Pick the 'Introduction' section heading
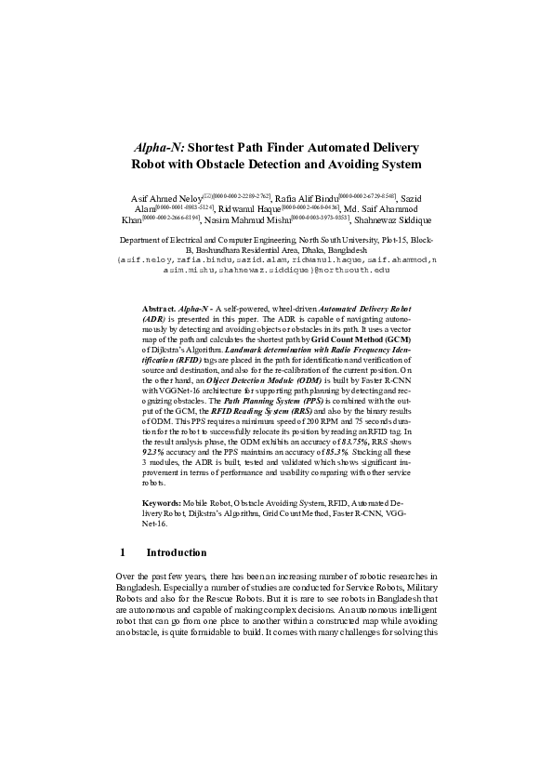177,551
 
